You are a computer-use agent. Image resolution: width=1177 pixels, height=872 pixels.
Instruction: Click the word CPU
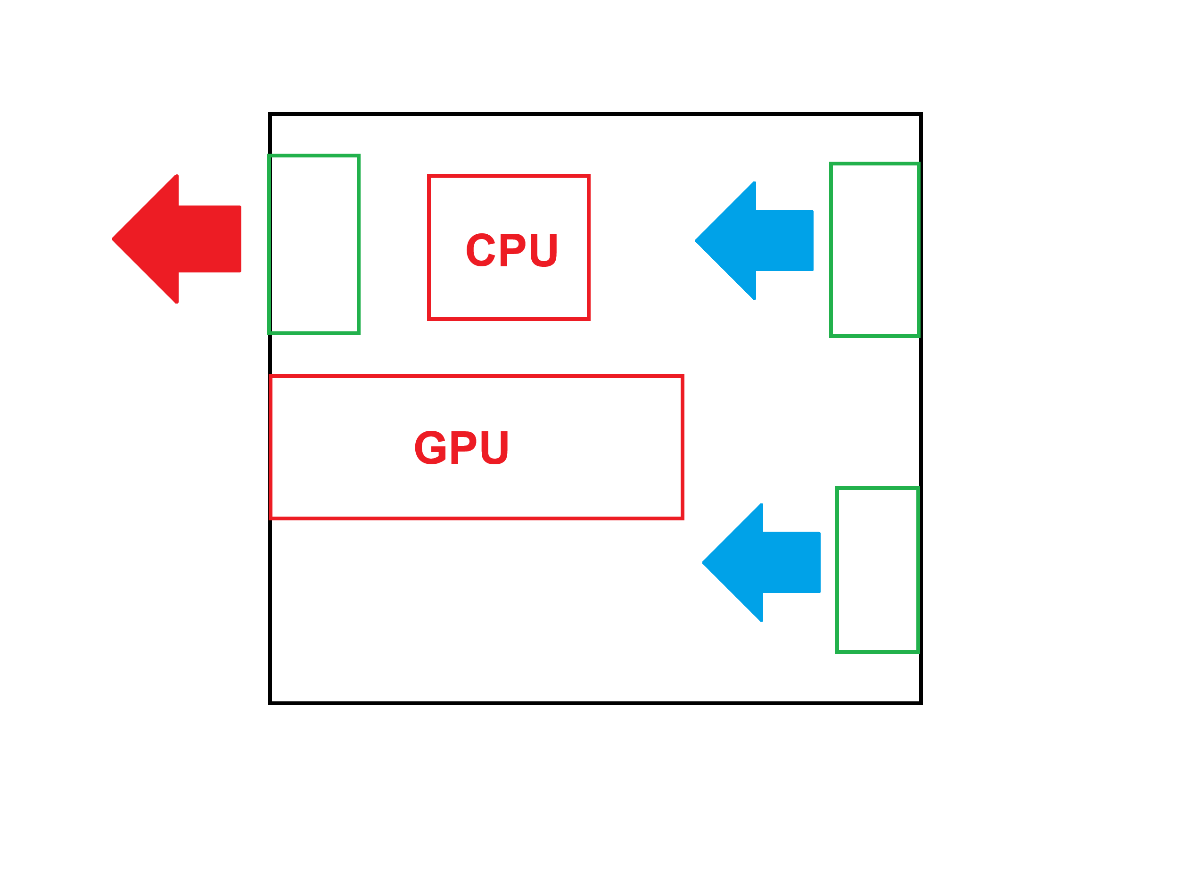[x=511, y=250]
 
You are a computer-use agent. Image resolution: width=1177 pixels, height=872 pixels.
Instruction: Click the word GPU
[x=461, y=447]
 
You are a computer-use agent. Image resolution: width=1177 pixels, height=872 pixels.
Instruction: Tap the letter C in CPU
[x=480, y=250]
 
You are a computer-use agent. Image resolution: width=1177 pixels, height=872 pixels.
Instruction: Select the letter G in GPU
[x=430, y=447]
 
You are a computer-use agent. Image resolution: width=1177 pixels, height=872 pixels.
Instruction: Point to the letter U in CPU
[x=543, y=250]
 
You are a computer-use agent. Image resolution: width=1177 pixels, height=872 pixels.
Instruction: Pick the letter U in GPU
[x=494, y=447]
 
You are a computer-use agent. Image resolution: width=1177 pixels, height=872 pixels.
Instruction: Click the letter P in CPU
[x=511, y=250]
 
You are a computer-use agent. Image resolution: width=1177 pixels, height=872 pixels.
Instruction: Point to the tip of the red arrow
[x=114, y=239]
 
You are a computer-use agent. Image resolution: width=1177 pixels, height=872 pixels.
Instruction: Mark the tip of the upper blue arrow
[x=697, y=241]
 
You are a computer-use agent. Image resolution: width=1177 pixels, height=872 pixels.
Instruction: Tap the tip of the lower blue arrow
[x=704, y=562]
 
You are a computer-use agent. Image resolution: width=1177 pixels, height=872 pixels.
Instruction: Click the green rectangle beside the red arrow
[x=314, y=244]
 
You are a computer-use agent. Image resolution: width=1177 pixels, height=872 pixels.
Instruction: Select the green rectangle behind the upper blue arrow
[x=874, y=250]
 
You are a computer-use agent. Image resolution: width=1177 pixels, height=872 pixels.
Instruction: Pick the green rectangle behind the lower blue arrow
[x=877, y=569]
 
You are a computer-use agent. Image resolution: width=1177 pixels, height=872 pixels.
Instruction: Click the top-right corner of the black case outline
[x=921, y=115]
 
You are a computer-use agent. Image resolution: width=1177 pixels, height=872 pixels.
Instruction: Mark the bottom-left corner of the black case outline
[x=270, y=703]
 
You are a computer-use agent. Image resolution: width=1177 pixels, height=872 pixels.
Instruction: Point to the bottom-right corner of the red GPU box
[x=682, y=518]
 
